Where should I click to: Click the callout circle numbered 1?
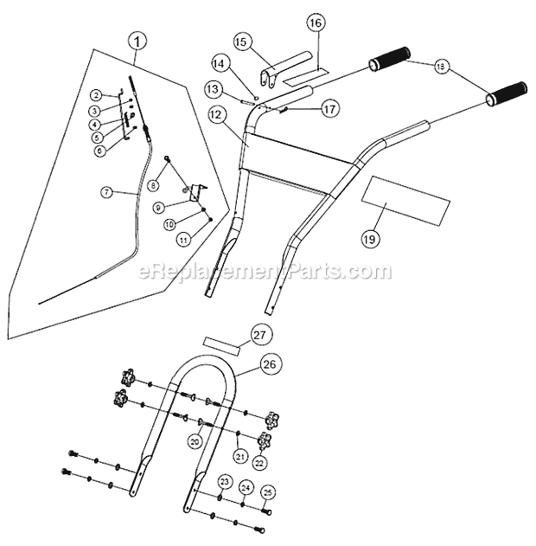click(137, 42)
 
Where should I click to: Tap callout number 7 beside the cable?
click(106, 192)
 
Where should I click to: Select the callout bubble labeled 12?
click(216, 114)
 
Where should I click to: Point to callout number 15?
click(241, 42)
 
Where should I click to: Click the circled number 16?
click(316, 23)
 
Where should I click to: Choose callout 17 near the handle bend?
click(329, 109)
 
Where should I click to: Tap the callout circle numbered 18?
click(441, 67)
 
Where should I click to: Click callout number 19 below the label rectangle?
click(370, 239)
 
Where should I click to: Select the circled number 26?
click(270, 364)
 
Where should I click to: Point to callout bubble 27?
click(260, 335)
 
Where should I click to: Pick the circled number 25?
click(268, 492)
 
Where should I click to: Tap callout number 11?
click(183, 240)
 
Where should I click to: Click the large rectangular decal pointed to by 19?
click(405, 201)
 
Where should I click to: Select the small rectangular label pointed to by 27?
click(221, 346)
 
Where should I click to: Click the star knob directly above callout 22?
click(264, 441)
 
